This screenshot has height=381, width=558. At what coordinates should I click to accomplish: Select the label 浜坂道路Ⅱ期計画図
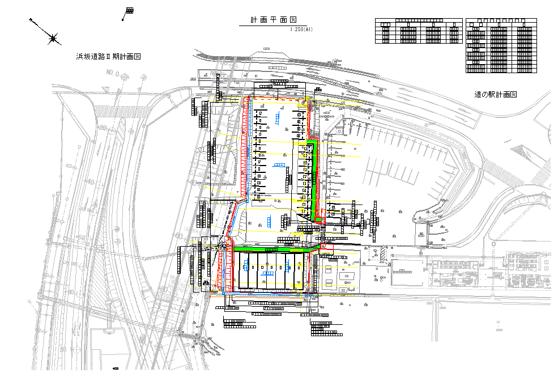pos(108,57)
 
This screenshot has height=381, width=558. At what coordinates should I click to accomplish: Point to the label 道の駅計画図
pos(496,95)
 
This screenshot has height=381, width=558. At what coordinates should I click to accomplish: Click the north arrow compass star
pos(54,39)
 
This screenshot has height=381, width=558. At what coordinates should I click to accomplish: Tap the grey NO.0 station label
pos(112,74)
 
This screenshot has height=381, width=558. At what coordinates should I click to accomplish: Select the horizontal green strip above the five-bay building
pos(272,249)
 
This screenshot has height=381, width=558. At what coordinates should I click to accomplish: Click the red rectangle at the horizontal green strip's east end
pos(327,247)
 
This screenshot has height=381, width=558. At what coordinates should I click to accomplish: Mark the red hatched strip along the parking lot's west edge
pos(246,153)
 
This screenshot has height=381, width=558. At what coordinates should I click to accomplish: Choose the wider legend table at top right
pos(418,31)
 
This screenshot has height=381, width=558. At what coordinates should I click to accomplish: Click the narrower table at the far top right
pos(500,45)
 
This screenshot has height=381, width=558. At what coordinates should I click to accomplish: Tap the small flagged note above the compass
pos(128,12)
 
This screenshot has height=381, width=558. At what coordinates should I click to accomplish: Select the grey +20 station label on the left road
pos(103,128)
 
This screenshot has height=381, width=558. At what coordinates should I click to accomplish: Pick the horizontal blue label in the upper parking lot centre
pos(279,165)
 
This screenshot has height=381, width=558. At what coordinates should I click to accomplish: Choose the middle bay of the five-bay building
pos(267,271)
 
